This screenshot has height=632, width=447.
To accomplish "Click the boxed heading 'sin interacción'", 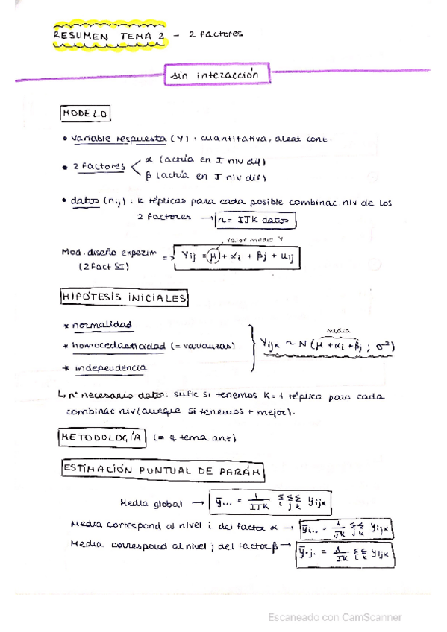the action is (217, 75).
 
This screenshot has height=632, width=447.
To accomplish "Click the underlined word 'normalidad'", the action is (103, 325).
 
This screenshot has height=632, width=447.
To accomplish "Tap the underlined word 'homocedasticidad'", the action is (119, 346).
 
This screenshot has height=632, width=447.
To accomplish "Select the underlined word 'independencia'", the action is (110, 367).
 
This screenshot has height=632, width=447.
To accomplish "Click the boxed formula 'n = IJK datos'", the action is (254, 220).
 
